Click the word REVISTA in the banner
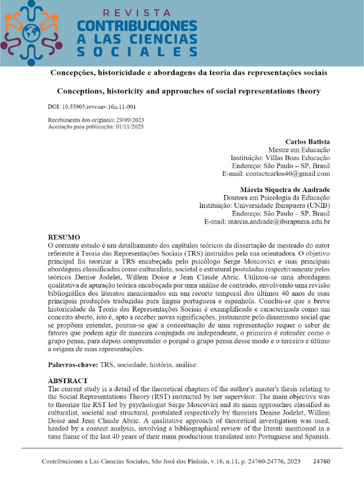coord(136,13)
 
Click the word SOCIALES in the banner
coord(136,51)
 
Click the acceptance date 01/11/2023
coord(129,127)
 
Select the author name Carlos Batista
coord(308,142)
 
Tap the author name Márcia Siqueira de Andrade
coord(285,189)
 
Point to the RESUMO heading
coord(64,237)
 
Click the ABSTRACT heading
coord(68,381)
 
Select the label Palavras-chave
coord(73,365)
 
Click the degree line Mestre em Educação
coord(299,150)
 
